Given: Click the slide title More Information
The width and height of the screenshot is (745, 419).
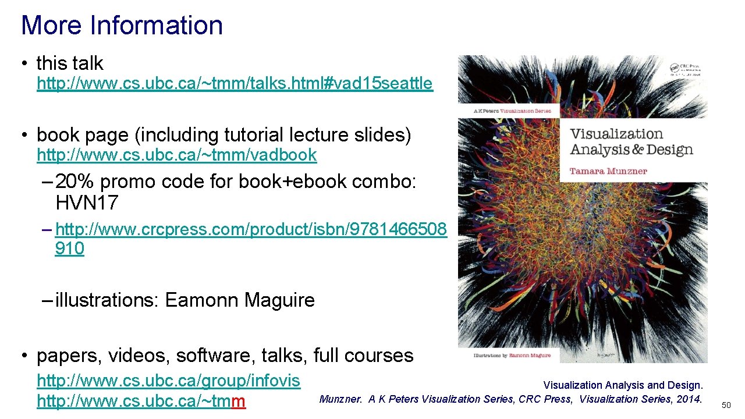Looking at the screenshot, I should tap(122, 25).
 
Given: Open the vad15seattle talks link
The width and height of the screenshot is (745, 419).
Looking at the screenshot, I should tap(235, 84).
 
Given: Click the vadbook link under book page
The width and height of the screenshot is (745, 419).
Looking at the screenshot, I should tap(176, 155).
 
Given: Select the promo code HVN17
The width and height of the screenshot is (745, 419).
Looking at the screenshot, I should tap(87, 203).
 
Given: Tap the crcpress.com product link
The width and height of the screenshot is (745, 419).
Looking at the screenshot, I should tap(251, 230).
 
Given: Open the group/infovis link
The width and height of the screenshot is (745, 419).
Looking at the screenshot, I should tap(168, 381).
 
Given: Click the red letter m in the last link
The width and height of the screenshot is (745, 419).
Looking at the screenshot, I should tap(239, 402).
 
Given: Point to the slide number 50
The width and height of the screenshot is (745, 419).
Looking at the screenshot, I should tap(726, 405).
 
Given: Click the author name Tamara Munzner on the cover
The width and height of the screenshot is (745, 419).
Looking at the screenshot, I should tap(608, 171).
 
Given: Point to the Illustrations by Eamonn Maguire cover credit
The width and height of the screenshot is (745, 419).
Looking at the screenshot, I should tap(505, 354).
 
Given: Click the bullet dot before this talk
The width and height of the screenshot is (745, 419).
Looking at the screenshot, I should tap(24, 63).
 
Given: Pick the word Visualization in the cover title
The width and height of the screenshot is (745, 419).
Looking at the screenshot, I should tap(616, 134).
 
